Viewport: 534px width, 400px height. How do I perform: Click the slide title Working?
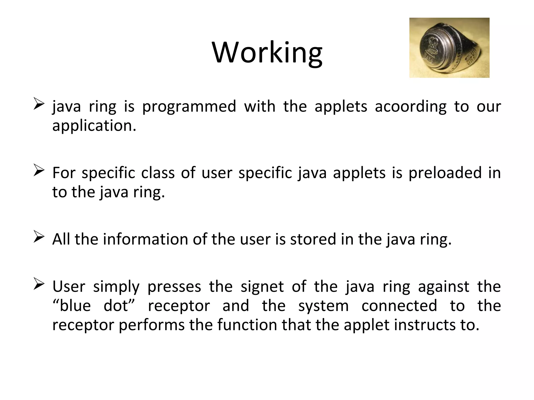pyautogui.click(x=267, y=53)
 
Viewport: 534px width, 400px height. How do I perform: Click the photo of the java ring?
pyautogui.click(x=449, y=48)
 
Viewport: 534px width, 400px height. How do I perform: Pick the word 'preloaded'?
pyautogui.click(x=445, y=173)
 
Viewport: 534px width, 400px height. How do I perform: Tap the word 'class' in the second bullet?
pyautogui.click(x=158, y=173)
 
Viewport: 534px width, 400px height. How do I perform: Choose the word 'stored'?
pyautogui.click(x=313, y=240)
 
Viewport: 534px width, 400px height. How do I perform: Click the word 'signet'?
pyautogui.click(x=262, y=287)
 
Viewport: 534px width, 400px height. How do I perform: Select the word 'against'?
pyautogui.click(x=444, y=287)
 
